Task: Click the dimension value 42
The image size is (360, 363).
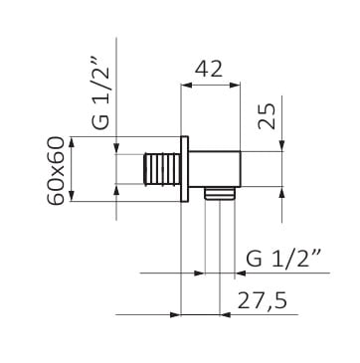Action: point(209,70)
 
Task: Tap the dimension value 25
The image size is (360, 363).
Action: point(268,116)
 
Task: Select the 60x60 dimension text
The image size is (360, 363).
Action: point(56,171)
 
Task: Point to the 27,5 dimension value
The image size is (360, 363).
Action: point(262,301)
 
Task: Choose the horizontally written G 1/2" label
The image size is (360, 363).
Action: point(282,260)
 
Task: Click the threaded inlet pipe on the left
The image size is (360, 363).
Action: point(162,169)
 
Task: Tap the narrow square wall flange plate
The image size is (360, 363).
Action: point(184,169)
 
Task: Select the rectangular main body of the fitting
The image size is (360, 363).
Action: point(215,169)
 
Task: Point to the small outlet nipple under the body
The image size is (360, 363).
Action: point(220,193)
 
